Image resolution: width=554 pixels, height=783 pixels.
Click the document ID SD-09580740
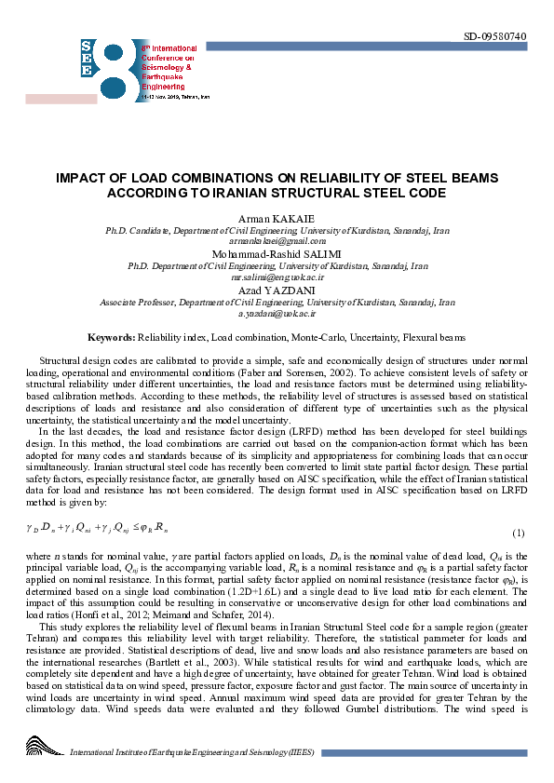pos(494,36)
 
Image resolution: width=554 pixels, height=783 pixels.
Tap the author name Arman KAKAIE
pos(277,220)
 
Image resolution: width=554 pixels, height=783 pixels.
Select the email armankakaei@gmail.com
pos(277,241)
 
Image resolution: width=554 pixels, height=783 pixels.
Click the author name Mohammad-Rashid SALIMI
pos(277,253)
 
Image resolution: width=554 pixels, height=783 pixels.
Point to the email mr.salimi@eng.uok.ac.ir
pos(277,277)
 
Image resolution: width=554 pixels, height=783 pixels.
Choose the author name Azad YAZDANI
pos(277,290)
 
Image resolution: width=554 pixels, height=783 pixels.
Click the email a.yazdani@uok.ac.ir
pos(277,314)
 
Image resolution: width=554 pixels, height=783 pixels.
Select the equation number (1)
pos(519,533)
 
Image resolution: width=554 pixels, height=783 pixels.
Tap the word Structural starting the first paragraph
pos(61,359)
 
